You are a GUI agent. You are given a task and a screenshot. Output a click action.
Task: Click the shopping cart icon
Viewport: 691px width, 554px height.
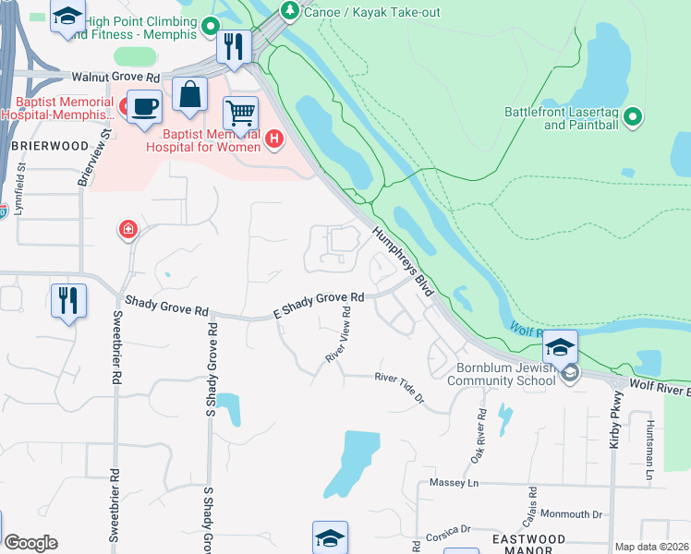pos(240,114)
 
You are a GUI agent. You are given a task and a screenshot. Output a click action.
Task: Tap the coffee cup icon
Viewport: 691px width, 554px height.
pos(143,106)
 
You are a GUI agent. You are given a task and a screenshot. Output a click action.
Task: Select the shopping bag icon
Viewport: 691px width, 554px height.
pos(189,94)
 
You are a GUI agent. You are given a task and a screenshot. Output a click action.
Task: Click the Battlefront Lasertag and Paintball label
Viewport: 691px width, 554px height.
pos(560,118)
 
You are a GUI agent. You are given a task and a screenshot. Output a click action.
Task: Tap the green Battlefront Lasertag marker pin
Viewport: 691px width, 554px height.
pos(633,117)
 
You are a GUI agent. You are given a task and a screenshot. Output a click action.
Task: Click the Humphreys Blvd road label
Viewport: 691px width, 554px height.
pos(404,264)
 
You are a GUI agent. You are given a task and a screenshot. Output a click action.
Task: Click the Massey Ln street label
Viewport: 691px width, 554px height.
pos(455,483)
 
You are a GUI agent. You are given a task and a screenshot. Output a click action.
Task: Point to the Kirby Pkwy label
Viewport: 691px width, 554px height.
pos(614,425)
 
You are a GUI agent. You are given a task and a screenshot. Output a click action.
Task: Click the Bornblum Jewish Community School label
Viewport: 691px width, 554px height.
pos(503,372)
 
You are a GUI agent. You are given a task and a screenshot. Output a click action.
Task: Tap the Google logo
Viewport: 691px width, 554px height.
pos(30,543)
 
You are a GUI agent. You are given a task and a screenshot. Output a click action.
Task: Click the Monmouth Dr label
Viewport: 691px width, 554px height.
pos(571,514)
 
